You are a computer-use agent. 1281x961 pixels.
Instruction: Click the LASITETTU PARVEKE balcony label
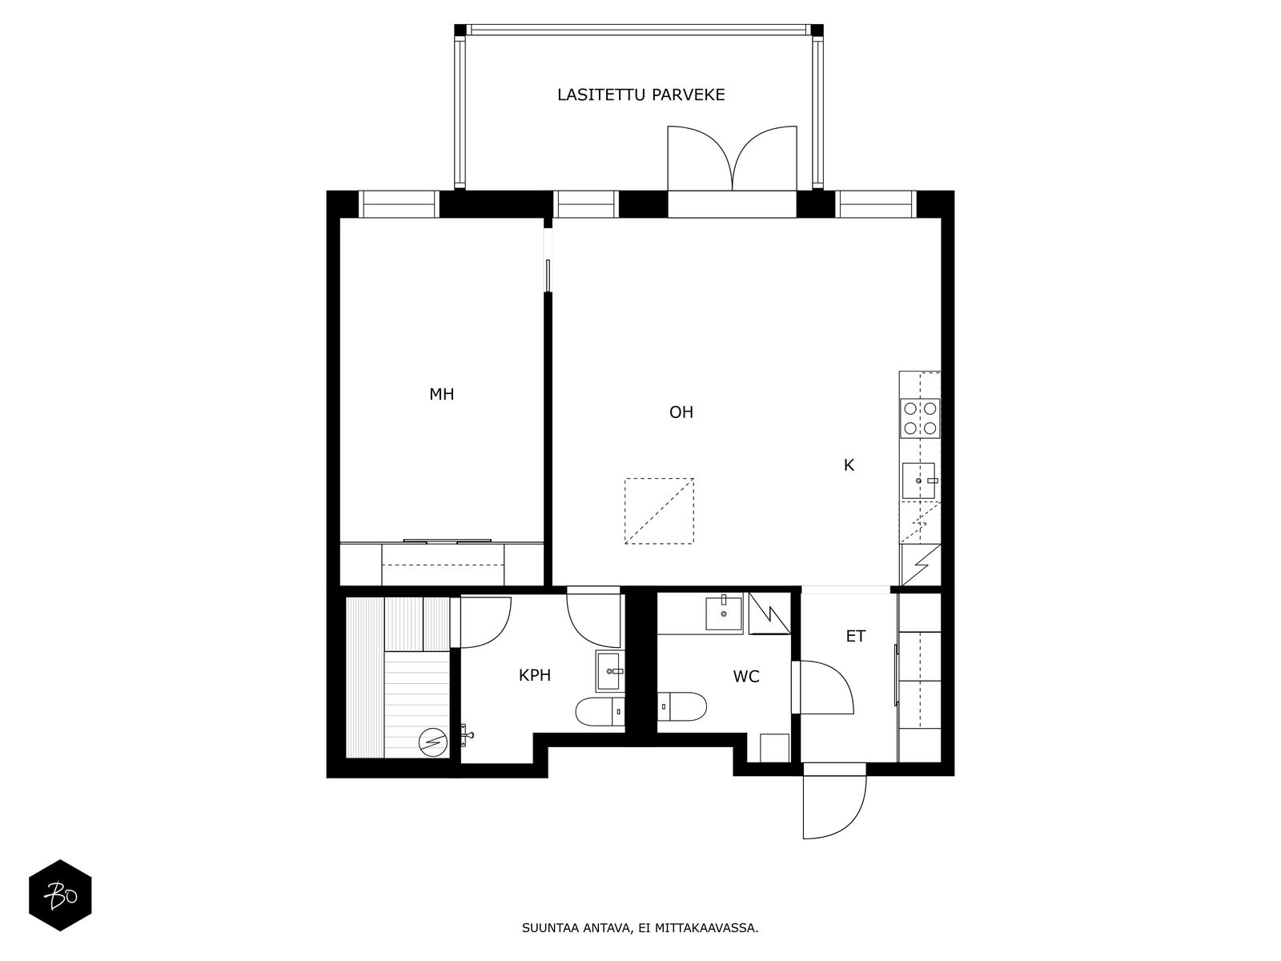click(640, 94)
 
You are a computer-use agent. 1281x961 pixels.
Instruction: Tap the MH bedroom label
click(441, 395)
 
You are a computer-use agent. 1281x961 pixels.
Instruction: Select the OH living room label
click(681, 412)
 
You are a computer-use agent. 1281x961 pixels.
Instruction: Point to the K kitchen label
click(849, 465)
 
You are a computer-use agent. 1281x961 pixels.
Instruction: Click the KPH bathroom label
click(535, 675)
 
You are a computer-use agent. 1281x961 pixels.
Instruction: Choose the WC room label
click(746, 676)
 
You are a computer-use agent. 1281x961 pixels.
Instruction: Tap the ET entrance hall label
click(856, 636)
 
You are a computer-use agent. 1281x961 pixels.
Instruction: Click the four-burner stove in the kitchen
click(920, 418)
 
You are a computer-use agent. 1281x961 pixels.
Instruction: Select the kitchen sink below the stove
click(918, 480)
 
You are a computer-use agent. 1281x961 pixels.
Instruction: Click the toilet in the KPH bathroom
click(600, 711)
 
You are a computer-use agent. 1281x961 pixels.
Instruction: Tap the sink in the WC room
click(724, 613)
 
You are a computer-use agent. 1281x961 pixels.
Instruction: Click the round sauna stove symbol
click(433, 742)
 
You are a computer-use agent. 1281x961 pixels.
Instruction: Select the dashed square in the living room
click(660, 511)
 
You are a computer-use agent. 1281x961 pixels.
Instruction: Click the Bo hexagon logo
click(60, 895)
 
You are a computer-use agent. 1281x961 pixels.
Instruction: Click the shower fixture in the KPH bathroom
click(467, 735)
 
